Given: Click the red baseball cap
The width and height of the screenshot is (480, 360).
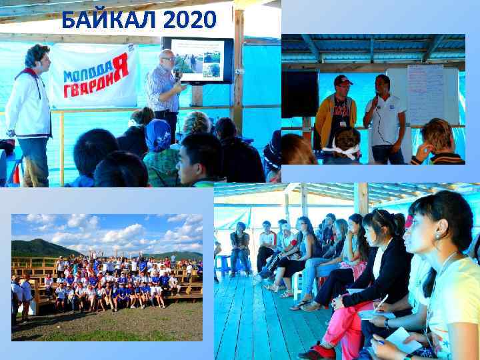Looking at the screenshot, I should (x=343, y=80).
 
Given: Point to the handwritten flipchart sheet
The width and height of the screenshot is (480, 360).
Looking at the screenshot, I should (x=425, y=93).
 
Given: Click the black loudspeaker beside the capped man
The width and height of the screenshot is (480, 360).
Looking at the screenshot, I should (x=300, y=93).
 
